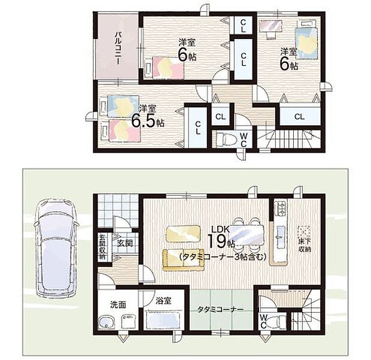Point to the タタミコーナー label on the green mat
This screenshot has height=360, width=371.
coord(221,310)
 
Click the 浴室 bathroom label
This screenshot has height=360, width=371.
coord(163,301)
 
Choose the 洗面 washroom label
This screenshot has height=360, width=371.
coord(117,304)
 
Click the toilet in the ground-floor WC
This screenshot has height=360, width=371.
coord(276,320)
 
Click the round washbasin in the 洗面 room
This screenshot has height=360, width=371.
coord(107,323)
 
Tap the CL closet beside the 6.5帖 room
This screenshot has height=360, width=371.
coord(197,126)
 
